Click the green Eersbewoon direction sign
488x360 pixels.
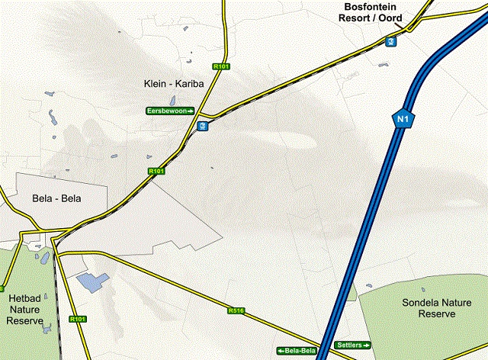(x=170, y=111)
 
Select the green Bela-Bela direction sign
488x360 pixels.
(x=297, y=350)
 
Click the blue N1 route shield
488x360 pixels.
(x=402, y=118)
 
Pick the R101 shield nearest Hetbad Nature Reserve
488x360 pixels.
(x=77, y=319)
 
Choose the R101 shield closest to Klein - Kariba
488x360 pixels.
(x=222, y=67)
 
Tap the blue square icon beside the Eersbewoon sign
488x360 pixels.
(x=201, y=125)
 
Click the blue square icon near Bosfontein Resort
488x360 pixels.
(x=390, y=40)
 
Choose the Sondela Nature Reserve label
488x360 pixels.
(x=431, y=308)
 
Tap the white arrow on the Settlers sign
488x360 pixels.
(x=365, y=346)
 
